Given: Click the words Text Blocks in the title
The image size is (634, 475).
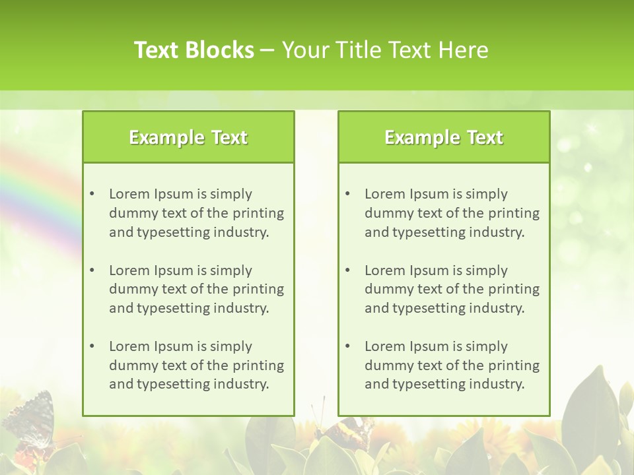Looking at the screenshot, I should pos(194,50).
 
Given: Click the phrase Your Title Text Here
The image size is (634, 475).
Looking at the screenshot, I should pos(385,50).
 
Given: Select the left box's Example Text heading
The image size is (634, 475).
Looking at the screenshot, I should pos(188,137).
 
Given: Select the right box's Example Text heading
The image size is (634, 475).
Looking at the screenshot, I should pos(444,137).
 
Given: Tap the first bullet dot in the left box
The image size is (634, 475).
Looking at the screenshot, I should pos(92,194).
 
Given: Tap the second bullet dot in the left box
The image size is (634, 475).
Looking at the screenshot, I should pos(92,270).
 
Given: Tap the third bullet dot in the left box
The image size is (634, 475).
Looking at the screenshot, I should pos(92,346).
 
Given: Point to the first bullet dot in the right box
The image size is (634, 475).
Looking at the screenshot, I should pos(347,194).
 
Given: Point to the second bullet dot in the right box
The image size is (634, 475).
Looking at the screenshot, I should pos(347,270).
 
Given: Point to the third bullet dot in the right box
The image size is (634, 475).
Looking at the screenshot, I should pos(347,346).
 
